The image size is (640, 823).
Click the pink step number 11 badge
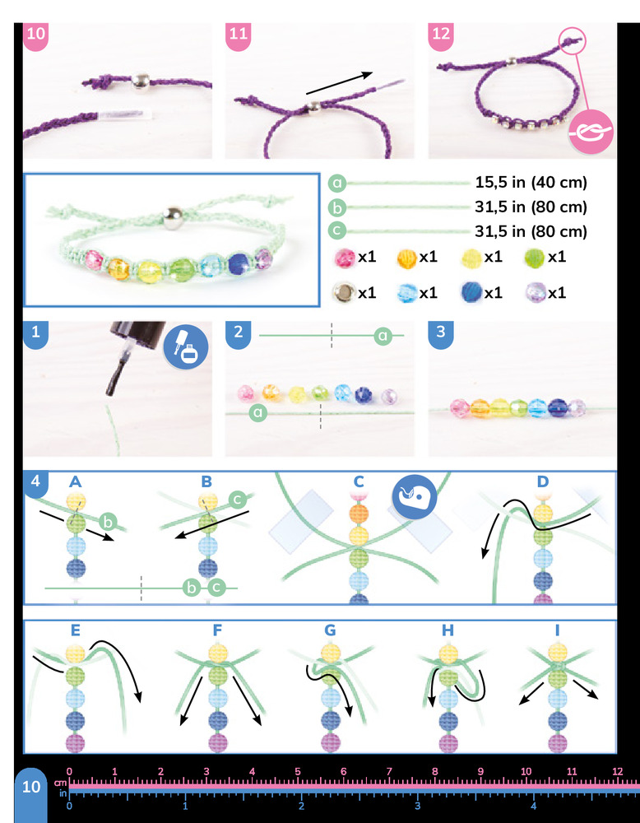tap(238, 35)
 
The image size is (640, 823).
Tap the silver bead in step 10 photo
tap(140, 81)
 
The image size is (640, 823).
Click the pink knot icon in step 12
tap(591, 132)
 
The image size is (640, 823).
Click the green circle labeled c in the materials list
tap(336, 231)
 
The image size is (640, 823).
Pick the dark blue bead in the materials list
tap(471, 292)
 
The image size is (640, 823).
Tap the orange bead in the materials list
tap(407, 258)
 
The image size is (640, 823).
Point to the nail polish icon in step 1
tap(186, 347)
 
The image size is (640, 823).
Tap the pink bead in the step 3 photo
tap(460, 408)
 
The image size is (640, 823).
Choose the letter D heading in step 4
tap(543, 481)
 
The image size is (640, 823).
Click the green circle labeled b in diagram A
tap(108, 521)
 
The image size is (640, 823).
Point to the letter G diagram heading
tap(329, 630)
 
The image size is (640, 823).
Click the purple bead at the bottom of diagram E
tap(76, 744)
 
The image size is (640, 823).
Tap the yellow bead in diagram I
tap(557, 653)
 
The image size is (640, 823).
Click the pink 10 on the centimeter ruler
tap(526, 772)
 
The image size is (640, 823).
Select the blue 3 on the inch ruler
tap(418, 805)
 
